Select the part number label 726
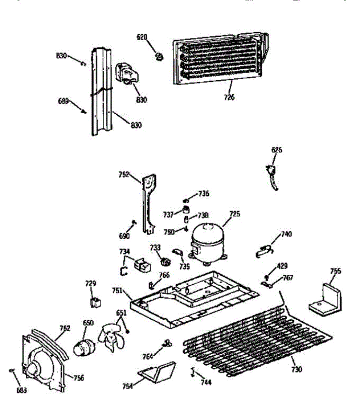[229, 98]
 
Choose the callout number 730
[297, 369]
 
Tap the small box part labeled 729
[95, 302]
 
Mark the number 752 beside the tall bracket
[124, 174]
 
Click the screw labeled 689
[83, 111]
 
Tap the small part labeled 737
[186, 210]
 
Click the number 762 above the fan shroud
[64, 328]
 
